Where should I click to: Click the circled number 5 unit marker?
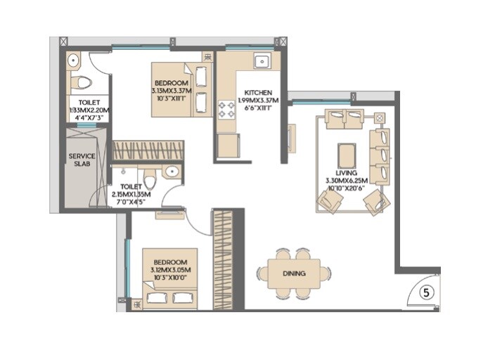(x=425, y=290)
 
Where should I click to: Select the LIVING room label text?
(x=346, y=173)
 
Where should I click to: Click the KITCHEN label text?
(x=258, y=93)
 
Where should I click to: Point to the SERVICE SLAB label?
(x=82, y=161)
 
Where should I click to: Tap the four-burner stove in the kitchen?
(x=227, y=109)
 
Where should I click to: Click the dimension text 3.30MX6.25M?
(x=347, y=181)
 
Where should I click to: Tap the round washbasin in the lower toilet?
(x=171, y=172)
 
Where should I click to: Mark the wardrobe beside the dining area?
(x=223, y=258)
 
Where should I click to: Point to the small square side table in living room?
(x=380, y=117)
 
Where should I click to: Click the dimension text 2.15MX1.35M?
(x=137, y=195)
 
